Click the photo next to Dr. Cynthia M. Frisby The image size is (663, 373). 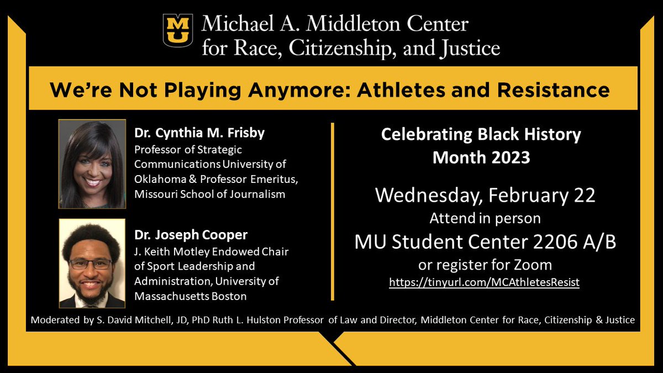pos(92,164)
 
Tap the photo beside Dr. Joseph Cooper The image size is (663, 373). pos(92,263)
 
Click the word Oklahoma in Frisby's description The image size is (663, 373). pos(160,180)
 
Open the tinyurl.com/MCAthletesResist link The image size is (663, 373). pos(484,282)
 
